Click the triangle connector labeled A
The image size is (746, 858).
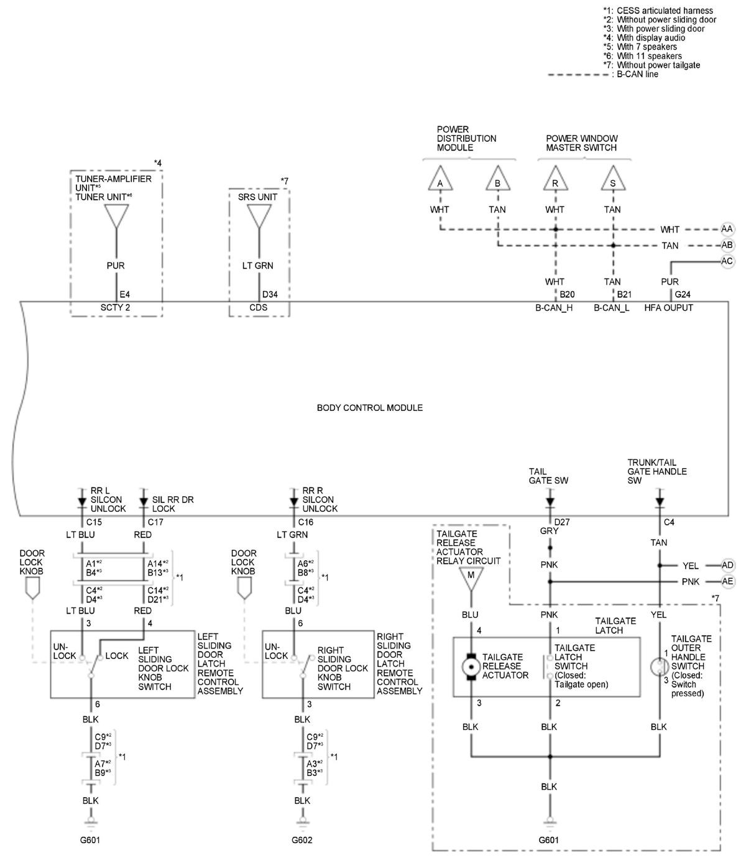point(440,181)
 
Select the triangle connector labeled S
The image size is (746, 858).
point(613,181)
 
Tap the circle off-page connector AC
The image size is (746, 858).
point(727,261)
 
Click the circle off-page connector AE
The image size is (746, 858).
point(727,581)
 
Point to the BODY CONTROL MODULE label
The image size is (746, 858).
point(370,408)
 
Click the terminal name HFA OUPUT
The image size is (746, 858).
point(668,308)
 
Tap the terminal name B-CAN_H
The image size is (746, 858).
point(554,308)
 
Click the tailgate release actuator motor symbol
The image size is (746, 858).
point(471,667)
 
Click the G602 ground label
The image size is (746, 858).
point(302,840)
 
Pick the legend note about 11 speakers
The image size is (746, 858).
point(642,56)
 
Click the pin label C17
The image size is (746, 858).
point(155,522)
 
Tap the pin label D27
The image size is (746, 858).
point(562,522)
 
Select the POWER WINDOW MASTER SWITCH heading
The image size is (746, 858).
point(582,143)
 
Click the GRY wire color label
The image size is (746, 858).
point(550,532)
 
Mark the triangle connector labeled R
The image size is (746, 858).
point(555,181)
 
